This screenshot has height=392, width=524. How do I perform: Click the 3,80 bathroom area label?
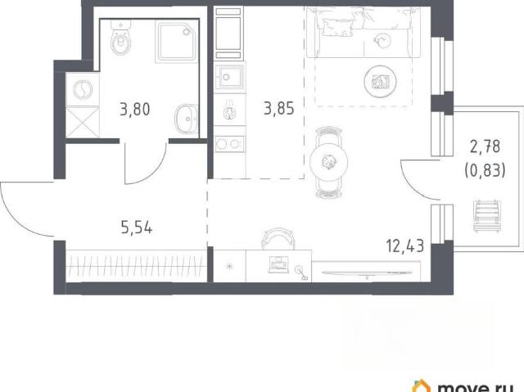pos(134,109)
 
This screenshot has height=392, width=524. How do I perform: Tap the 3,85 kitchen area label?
pos(279,109)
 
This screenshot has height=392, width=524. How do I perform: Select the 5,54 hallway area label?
pos(137,228)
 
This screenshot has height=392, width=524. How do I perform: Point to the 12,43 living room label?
pos(405,246)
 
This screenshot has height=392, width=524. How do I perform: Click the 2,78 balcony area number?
pos(485,146)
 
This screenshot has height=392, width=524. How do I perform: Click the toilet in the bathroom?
pos(120,38)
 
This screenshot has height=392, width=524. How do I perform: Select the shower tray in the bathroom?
pos(177,42)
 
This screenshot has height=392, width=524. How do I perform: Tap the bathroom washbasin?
pos(186,119)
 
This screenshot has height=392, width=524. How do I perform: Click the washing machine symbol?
pos(83,89)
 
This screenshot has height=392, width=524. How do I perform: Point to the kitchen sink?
pos(229,77)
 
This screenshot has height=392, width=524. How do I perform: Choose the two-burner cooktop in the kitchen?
pos(229,144)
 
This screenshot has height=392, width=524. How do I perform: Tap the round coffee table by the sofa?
pos(380,81)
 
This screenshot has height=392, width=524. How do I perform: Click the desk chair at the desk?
pos(278,238)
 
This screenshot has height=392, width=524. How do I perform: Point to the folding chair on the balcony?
pos(487,215)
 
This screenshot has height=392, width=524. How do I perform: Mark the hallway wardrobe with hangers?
pos(137,266)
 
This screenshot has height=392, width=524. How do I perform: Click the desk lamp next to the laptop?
pos(301,273)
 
